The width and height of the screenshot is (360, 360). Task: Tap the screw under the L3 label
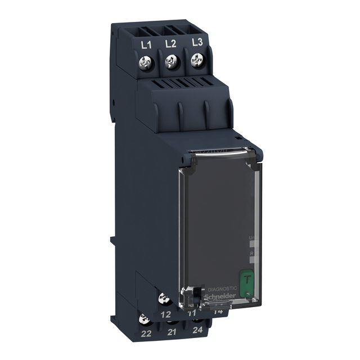point(196,61)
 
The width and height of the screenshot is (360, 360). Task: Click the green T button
point(246,278)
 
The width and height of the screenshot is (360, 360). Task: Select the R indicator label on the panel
point(251,254)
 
